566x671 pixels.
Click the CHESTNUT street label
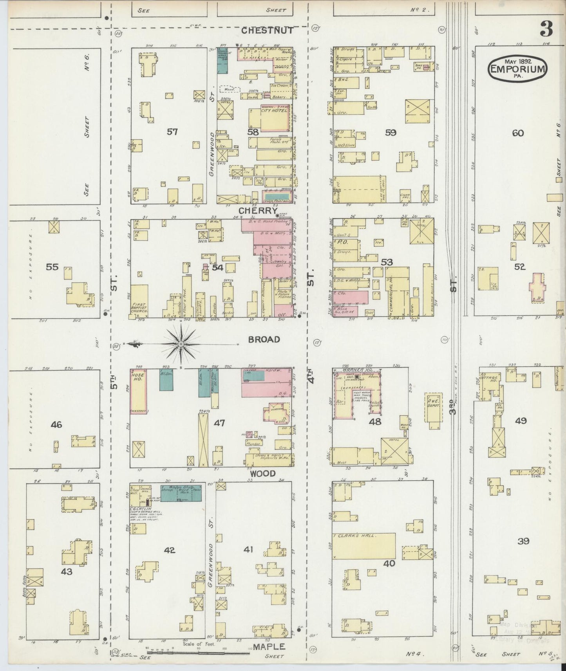tap(267, 31)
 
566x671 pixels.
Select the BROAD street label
tap(264, 339)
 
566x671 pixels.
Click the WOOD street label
tap(263, 474)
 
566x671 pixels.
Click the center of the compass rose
tap(181, 344)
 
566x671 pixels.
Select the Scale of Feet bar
tap(198, 652)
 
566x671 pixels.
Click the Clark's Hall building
tap(363, 546)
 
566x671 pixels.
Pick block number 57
tap(172, 132)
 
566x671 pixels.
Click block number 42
tap(169, 550)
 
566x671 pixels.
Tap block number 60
tap(517, 133)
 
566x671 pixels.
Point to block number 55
tap(52, 267)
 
